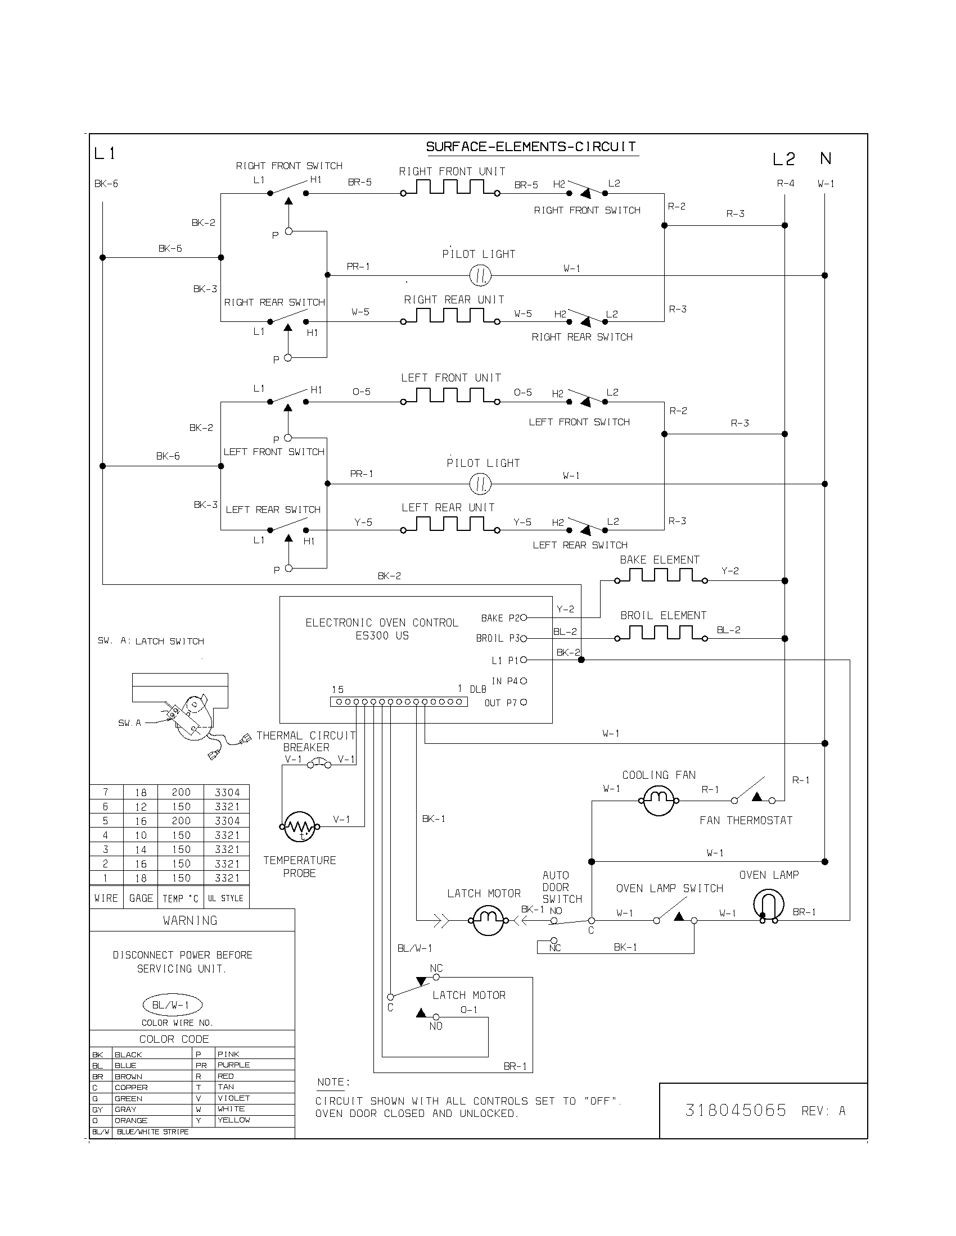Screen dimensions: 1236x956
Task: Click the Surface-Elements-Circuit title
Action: [x=531, y=147]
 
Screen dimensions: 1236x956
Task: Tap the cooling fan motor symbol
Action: [x=658, y=800]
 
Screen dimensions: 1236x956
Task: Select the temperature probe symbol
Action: [x=299, y=827]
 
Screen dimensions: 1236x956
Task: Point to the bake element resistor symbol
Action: [x=660, y=576]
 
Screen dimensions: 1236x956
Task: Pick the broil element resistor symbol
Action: [x=660, y=634]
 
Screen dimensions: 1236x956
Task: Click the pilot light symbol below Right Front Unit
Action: [x=480, y=276]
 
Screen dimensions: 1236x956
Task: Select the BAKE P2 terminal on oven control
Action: [x=524, y=617]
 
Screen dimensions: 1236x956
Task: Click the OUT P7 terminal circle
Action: [x=524, y=702]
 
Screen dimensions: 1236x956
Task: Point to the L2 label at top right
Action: [x=784, y=160]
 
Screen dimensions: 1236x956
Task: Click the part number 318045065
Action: [x=735, y=1111]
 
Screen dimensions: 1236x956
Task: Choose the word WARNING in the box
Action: [x=190, y=921]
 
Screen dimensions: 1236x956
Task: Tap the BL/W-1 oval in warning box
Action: [x=172, y=1005]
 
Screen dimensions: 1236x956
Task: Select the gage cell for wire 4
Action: [x=141, y=835]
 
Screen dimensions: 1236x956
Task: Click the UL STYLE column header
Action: [x=226, y=898]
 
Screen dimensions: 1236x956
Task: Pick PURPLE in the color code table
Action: [x=233, y=1065]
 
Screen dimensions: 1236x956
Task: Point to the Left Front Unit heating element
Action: [x=450, y=397]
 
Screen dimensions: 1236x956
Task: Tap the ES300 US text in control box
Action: [x=382, y=635]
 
